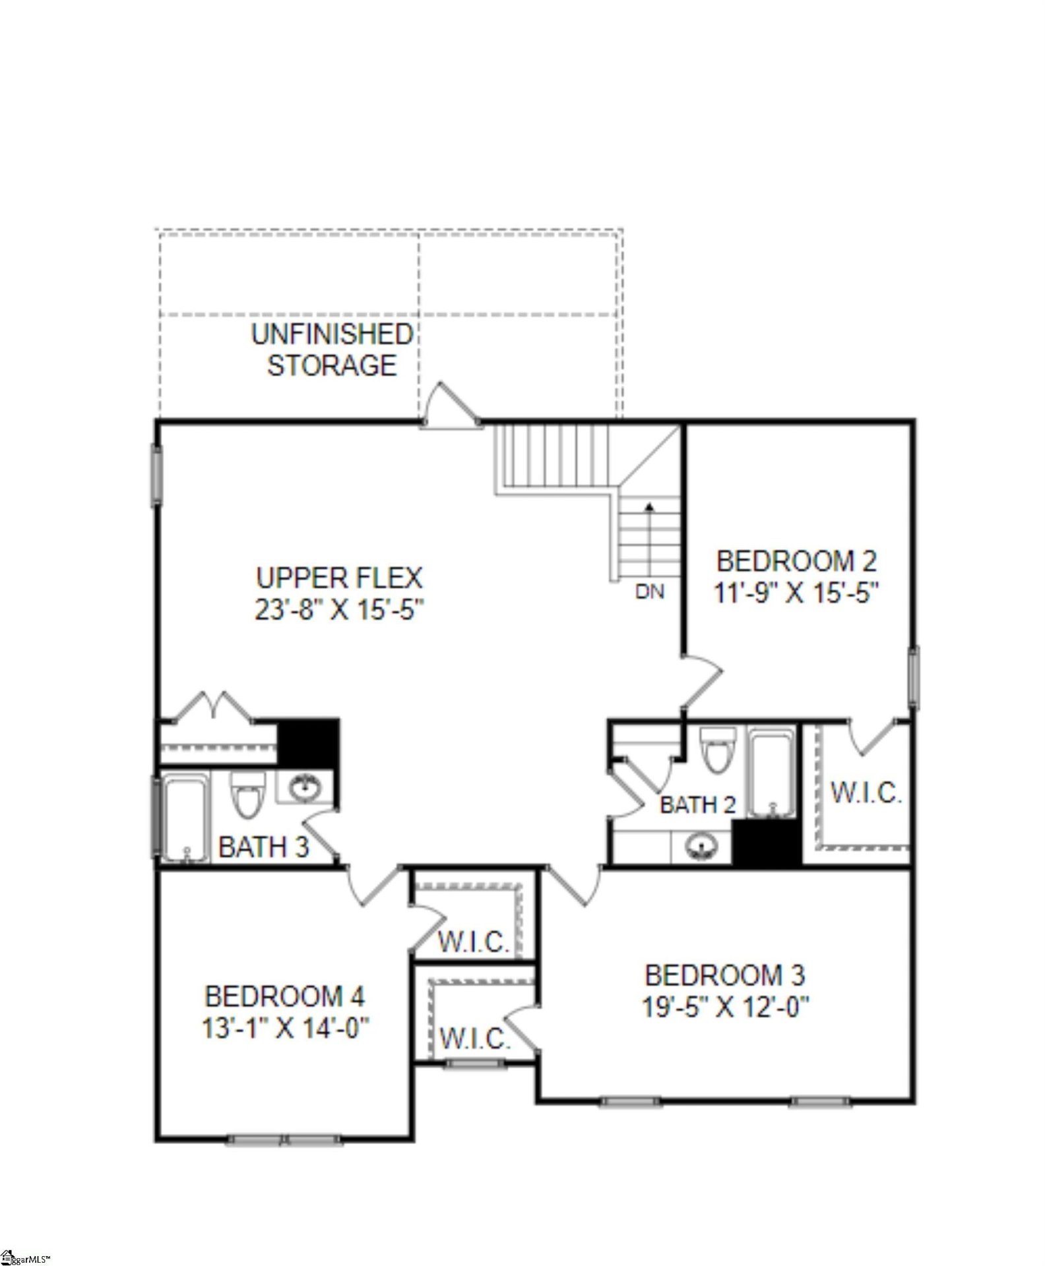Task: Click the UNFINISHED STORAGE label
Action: pos(332,349)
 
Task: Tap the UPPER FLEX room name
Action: pos(338,578)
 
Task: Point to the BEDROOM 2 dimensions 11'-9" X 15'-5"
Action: pos(797,593)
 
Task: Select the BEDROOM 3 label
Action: pos(724,975)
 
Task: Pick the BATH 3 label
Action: pos(263,847)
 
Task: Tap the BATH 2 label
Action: pos(697,804)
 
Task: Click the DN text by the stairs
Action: pos(650,591)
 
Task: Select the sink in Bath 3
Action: pos(304,787)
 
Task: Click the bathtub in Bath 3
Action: pos(186,818)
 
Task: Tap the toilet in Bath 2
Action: pos(715,749)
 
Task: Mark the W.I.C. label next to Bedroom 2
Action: pos(866,793)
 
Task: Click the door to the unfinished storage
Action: pos(451,407)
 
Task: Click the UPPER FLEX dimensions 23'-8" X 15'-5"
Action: pos(338,609)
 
